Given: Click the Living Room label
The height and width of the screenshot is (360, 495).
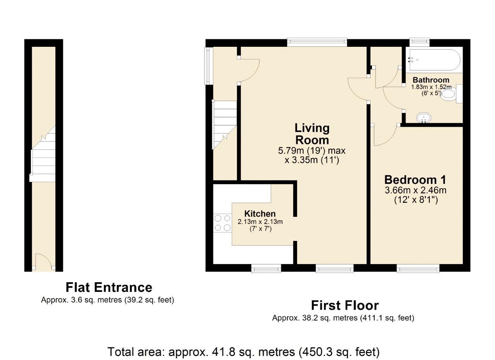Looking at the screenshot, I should tap(312, 134).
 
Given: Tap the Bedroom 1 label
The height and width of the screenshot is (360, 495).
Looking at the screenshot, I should tap(415, 180).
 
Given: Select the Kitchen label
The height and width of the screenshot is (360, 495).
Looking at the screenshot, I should tap(260, 214).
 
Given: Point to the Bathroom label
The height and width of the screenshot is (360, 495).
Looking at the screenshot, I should tap(431, 80).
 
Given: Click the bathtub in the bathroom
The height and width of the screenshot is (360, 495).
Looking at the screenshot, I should tap(434, 60).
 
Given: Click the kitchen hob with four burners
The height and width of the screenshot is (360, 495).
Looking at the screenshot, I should tap(222, 223).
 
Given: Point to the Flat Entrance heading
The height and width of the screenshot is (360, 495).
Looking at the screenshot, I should tap(109, 287).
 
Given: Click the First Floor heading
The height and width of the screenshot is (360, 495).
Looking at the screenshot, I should tap(345, 305).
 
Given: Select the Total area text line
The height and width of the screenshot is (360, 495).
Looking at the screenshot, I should tap(243, 352).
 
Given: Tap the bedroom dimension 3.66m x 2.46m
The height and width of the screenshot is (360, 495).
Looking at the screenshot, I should tap(415, 190).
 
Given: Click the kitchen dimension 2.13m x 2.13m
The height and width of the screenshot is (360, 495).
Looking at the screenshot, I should tap(260, 222).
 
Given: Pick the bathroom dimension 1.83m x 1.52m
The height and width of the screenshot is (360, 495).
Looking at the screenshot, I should tap(431, 87).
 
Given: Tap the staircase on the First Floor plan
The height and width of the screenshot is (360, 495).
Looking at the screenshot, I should tap(225, 124).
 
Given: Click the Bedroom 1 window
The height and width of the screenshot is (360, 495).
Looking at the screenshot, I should tap(418, 268).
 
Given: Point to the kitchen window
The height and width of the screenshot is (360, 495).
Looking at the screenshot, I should tap(266, 268).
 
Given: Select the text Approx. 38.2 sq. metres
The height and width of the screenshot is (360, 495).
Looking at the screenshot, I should tap(315, 318).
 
